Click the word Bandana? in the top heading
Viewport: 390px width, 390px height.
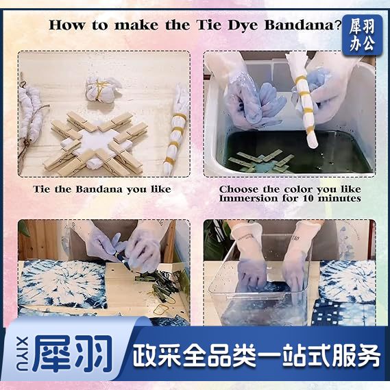pyautogui.click(x=303, y=25)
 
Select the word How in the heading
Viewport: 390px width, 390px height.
pyautogui.click(x=67, y=25)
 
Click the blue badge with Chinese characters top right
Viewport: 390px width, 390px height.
pyautogui.click(x=362, y=36)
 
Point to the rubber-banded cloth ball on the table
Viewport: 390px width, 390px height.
pyautogui.click(x=101, y=88)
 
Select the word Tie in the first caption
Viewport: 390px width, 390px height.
pyautogui.click(x=42, y=189)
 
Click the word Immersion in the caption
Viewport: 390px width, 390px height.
pyautogui.click(x=249, y=199)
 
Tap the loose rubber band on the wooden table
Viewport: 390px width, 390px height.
pyautogui.click(x=159, y=310)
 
